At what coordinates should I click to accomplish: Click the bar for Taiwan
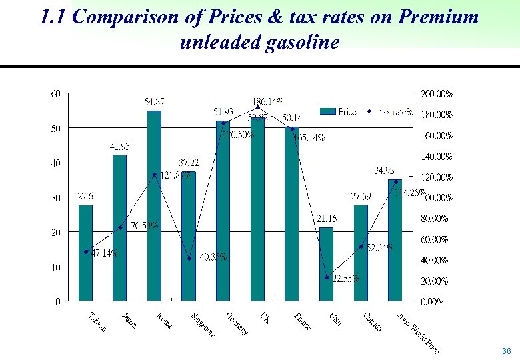point(86,253)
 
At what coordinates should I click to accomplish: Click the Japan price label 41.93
point(120,146)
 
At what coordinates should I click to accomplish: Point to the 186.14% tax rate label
point(267,101)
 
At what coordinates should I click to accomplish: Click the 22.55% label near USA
point(346,279)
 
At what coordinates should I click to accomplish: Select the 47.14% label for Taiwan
point(105,253)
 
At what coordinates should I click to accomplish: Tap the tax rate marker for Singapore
point(189,259)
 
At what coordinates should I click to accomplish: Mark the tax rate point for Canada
point(361,247)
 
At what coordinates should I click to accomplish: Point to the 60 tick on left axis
point(55,94)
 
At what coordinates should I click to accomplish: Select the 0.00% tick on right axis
point(433,302)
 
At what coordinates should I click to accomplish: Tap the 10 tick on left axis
point(55,267)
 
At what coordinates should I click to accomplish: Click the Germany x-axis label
point(237,323)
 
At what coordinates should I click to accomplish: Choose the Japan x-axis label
point(129,320)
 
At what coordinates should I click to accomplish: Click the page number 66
point(506,351)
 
